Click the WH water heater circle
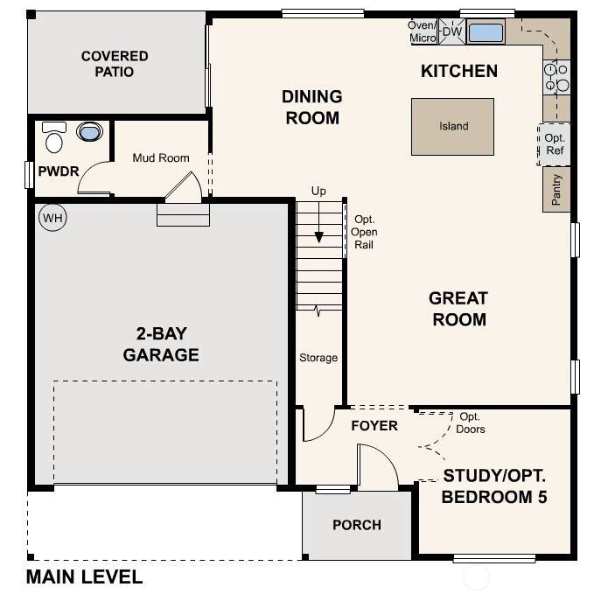(52, 218)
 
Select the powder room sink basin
(90, 131)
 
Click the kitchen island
(452, 127)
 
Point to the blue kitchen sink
(486, 32)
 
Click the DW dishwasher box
(452, 31)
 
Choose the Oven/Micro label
(423, 31)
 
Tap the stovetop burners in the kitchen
(556, 77)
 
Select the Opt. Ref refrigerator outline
(554, 144)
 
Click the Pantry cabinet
(556, 189)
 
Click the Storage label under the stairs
(318, 358)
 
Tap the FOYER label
(374, 425)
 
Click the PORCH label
(357, 525)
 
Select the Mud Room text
(161, 158)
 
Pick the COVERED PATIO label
(115, 64)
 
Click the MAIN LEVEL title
(84, 577)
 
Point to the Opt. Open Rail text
(364, 232)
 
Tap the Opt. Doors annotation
(471, 423)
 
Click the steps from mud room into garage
(183, 214)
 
